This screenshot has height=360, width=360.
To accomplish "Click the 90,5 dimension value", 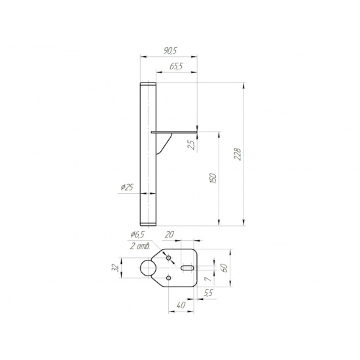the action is (170, 51).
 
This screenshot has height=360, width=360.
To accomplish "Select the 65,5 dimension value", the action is (176, 66).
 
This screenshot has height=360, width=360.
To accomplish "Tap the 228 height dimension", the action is (238, 154).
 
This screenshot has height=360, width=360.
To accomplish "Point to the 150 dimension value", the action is (213, 179).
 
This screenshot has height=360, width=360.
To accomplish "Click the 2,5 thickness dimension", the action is (192, 145).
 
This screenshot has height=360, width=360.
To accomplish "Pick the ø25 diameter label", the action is (127, 188).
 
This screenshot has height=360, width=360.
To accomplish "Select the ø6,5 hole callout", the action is (137, 234).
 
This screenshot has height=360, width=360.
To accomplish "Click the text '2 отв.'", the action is (140, 246).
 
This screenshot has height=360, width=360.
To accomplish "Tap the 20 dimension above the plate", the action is (170, 234).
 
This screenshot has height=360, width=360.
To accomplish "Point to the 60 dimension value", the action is (225, 268).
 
